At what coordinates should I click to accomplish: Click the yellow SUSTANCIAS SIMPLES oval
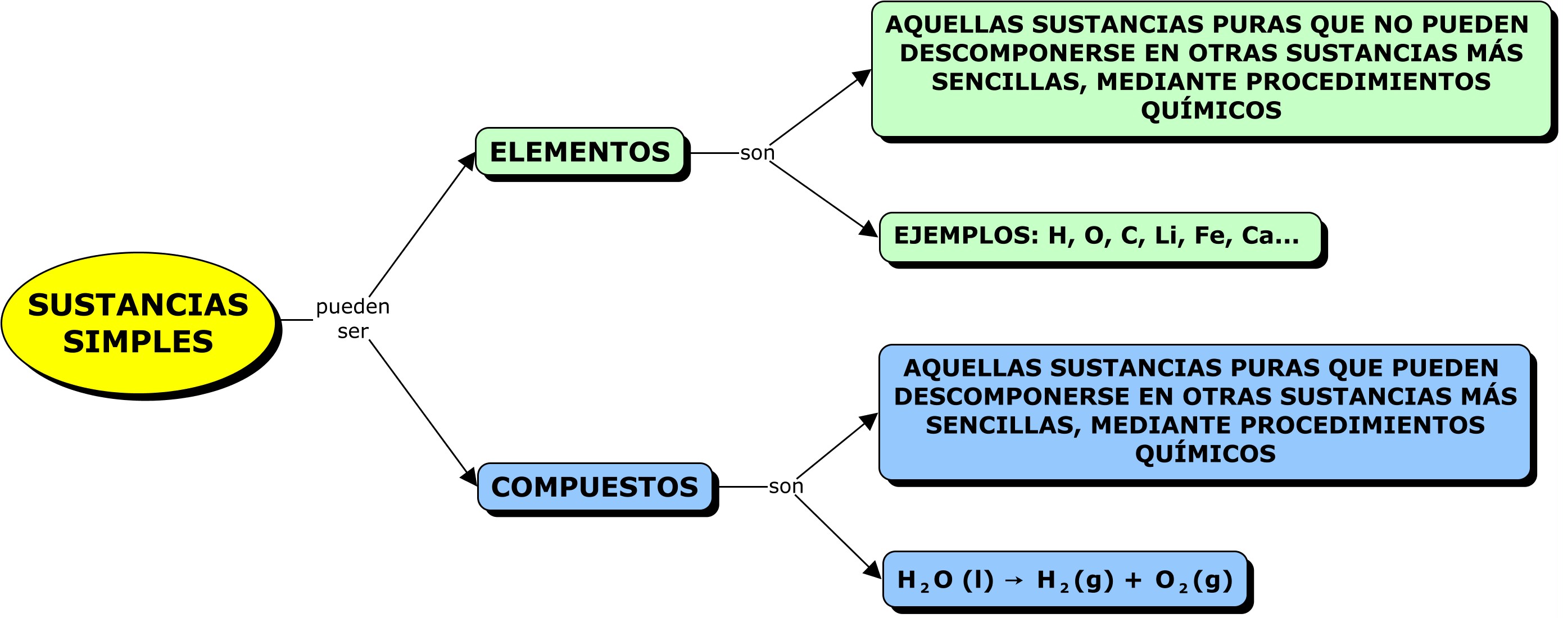point(138,322)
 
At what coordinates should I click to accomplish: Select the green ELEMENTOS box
point(579,152)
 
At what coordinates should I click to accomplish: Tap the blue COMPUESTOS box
point(595,487)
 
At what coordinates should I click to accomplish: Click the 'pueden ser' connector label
point(352,319)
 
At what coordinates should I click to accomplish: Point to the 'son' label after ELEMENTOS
point(757,153)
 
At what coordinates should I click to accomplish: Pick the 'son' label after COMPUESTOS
point(786,487)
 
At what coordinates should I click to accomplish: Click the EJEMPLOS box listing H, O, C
point(1099,237)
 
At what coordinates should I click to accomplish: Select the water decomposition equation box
point(1065,580)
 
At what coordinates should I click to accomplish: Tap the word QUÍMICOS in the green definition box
point(1211,110)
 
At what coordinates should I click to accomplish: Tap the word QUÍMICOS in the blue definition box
point(1205,453)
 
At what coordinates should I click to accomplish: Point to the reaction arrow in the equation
point(1014,581)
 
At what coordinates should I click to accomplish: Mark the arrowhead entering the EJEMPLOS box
point(869,229)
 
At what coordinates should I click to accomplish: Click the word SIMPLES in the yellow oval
point(138,342)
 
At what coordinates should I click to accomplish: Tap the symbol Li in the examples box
point(1166,236)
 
